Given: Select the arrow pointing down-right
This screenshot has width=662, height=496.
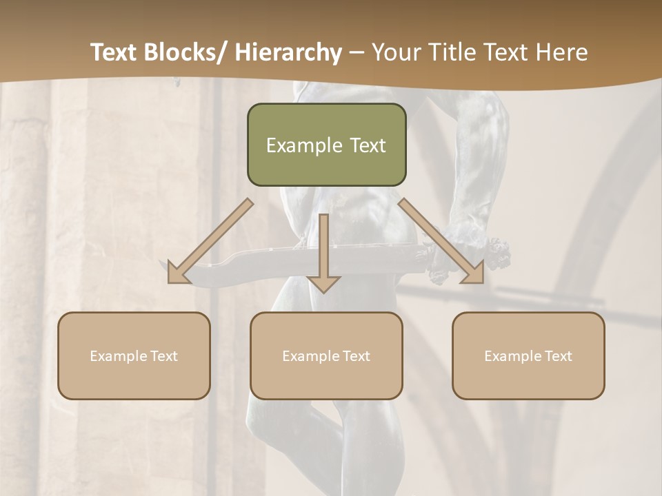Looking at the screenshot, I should [441, 241].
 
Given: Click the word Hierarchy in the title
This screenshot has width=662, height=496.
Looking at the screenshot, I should [288, 53].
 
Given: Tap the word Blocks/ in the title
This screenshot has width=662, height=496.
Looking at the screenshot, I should [184, 53].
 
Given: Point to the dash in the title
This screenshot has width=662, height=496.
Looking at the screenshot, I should [357, 53].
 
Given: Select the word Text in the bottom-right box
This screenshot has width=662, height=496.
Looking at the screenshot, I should [558, 356].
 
